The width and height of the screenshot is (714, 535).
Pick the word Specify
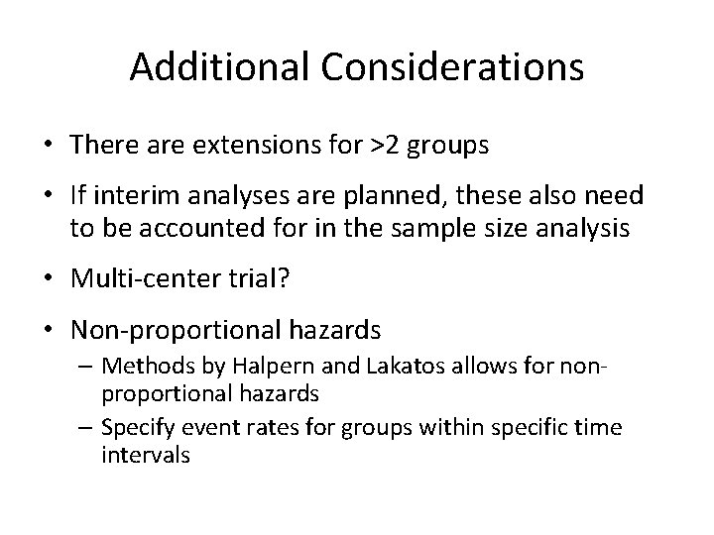pos(144,426)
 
